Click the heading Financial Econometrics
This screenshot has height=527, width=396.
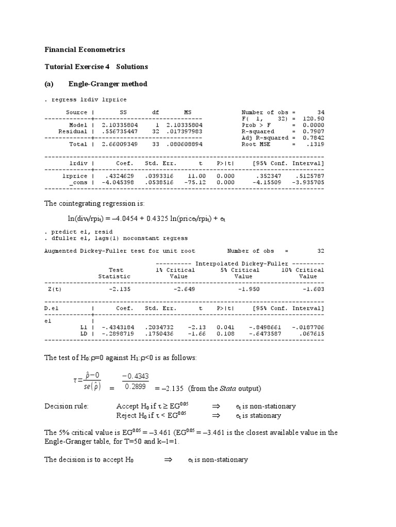(85, 50)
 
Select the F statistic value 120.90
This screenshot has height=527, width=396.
(315, 118)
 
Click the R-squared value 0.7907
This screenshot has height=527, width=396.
(315, 131)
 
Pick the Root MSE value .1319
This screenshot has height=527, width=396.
(316, 145)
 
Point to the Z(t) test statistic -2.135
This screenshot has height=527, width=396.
(119, 289)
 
